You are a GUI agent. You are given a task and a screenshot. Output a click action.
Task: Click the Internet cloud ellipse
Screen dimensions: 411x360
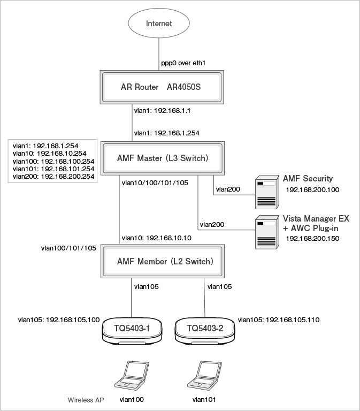[159, 24]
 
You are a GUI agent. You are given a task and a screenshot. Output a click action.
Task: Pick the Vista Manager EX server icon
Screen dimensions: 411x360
[266, 231]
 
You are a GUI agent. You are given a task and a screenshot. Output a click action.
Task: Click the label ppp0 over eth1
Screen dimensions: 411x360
[183, 63]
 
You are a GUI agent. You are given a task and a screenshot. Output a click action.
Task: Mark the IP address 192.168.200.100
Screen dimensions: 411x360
[313, 189]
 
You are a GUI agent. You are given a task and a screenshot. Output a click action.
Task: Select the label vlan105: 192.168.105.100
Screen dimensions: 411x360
[59, 319]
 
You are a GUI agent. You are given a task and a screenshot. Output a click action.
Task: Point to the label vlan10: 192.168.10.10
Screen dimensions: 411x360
[156, 238]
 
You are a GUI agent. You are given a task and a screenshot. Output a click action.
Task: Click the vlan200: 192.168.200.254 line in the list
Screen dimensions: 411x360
[52, 176]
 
